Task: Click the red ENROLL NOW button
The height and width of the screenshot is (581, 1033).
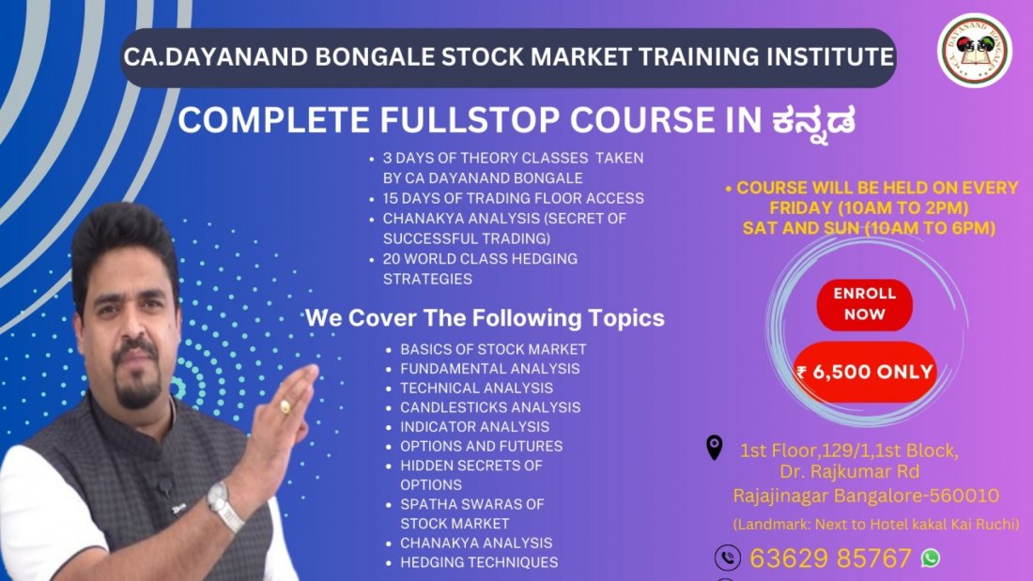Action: tap(864, 304)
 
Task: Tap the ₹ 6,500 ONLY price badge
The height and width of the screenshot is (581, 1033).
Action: tap(865, 372)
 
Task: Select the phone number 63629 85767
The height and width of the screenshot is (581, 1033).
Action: tap(829, 558)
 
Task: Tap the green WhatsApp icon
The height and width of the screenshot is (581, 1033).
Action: tap(930, 558)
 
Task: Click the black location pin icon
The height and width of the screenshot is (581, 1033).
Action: tap(715, 448)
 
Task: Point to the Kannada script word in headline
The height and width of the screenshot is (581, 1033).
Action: tap(813, 122)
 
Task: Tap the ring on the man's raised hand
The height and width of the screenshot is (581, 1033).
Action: tap(285, 406)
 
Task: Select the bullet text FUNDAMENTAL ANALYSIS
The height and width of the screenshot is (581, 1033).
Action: tap(489, 369)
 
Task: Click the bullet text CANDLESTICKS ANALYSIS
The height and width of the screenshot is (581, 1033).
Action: tap(490, 407)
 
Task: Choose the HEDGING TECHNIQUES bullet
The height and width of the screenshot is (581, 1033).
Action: tap(479, 562)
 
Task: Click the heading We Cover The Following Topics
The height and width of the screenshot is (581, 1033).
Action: tap(485, 318)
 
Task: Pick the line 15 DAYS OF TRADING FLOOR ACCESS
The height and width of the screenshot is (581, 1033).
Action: tap(513, 198)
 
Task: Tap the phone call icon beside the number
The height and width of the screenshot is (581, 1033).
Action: tap(728, 558)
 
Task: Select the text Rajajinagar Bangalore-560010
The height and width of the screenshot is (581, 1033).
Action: tap(866, 496)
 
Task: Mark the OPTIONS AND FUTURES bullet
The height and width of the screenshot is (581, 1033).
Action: tap(481, 446)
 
